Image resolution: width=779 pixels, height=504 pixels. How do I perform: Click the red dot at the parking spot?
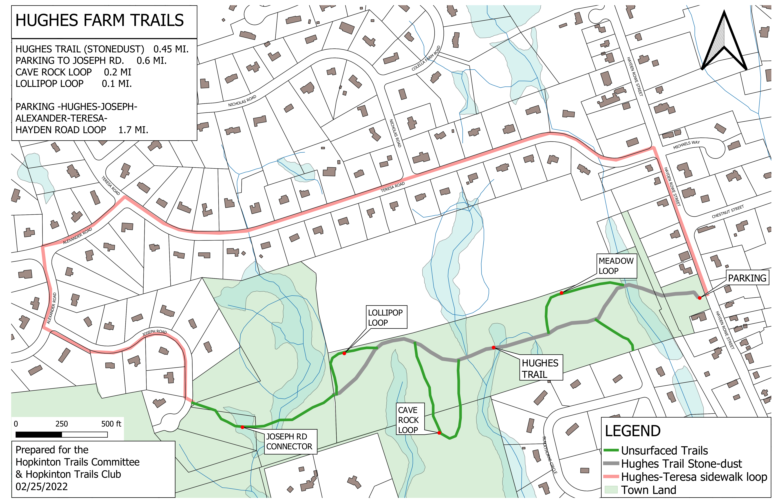click(x=699, y=298)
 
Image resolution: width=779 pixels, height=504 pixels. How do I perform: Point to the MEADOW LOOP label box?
click(x=616, y=266)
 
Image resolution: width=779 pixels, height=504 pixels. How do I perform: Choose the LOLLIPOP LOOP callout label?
click(x=385, y=318)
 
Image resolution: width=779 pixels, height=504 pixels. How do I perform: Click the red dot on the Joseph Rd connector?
click(x=242, y=427)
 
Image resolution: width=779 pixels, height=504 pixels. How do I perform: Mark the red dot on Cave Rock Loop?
click(x=439, y=433)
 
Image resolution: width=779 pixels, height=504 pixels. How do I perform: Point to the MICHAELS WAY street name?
click(x=686, y=145)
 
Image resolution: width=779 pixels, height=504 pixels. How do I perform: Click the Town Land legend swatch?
click(x=611, y=490)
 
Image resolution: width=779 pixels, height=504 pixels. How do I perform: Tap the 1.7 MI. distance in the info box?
click(x=133, y=130)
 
